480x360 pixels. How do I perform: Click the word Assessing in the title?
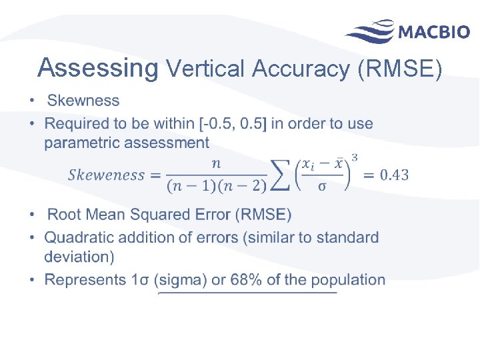98,67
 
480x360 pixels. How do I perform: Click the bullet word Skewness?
83,101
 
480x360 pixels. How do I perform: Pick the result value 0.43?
394,175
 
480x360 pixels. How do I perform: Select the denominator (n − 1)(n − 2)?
217,186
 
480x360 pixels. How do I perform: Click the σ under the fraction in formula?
323,187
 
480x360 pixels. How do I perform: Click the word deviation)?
79,256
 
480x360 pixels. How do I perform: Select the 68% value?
246,279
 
